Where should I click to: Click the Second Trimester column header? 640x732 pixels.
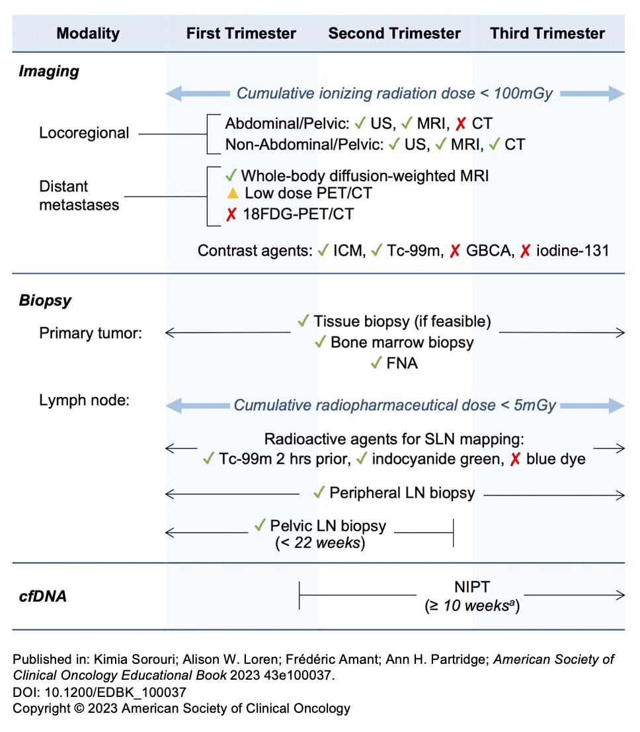pyautogui.click(x=394, y=33)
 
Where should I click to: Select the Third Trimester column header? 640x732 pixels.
pyautogui.click(x=547, y=33)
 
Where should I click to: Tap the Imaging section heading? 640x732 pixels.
pyautogui.click(x=49, y=71)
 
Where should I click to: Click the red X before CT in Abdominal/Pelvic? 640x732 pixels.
pyautogui.click(x=461, y=124)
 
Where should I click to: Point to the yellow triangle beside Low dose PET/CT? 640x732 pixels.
pyautogui.click(x=232, y=193)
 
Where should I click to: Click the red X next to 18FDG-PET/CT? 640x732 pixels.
pyautogui.click(x=231, y=214)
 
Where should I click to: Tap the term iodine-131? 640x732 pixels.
pyautogui.click(x=573, y=251)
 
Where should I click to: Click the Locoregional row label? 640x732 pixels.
pyautogui.click(x=84, y=132)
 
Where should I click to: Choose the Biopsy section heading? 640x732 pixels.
pyautogui.click(x=45, y=300)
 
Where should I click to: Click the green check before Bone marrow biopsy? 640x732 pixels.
pyautogui.click(x=320, y=342)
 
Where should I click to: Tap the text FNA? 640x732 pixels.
pyautogui.click(x=402, y=363)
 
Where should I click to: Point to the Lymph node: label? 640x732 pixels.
pyautogui.click(x=85, y=400)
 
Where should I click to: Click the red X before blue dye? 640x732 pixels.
pyautogui.click(x=515, y=459)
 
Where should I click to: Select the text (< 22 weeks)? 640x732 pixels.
pyautogui.click(x=320, y=543)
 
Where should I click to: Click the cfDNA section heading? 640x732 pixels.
pyautogui.click(x=42, y=596)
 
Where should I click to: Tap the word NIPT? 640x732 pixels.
pyautogui.click(x=472, y=587)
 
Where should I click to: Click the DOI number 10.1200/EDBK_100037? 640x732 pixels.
pyautogui.click(x=115, y=692)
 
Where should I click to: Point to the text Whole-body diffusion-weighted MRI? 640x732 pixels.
pyautogui.click(x=365, y=176)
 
